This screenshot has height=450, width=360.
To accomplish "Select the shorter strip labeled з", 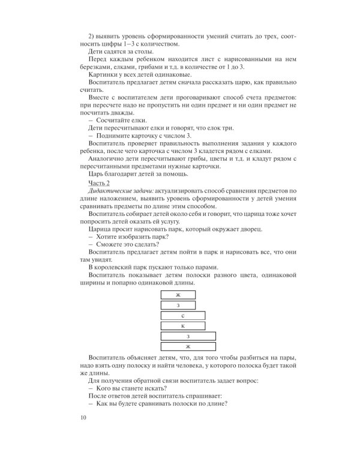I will click(178, 305).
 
